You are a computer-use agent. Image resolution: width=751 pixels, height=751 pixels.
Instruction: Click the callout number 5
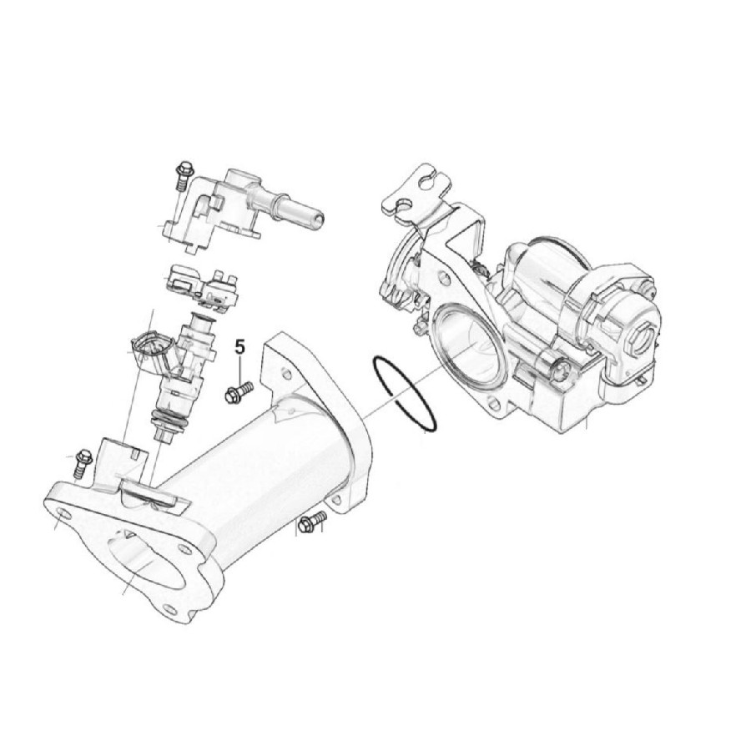click(240, 348)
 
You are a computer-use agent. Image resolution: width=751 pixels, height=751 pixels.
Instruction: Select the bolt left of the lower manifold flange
click(82, 461)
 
